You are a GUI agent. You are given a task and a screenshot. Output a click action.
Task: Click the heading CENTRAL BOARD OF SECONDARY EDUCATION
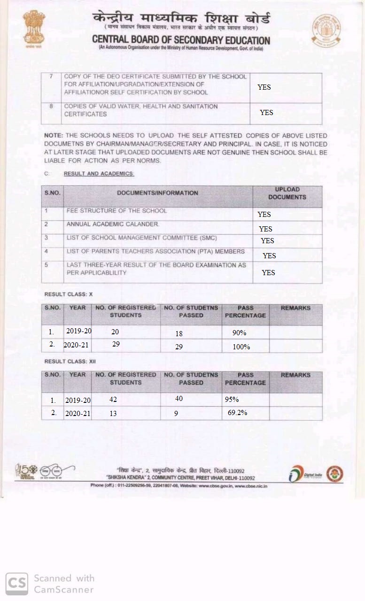tap(181, 40)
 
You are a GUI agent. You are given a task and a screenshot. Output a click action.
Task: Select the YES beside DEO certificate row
tap(264, 87)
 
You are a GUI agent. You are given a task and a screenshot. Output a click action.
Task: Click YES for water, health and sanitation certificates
tap(266, 113)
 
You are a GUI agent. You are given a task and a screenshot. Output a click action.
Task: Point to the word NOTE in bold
tap(54, 135)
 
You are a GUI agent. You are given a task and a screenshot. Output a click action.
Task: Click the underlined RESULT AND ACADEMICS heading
tap(99, 174)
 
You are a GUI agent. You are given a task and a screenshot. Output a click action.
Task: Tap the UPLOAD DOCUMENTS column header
tap(287, 193)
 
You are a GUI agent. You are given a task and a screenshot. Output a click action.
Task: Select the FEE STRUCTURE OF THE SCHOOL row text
tap(116, 211)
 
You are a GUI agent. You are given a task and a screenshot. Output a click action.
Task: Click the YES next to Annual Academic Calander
tap(265, 229)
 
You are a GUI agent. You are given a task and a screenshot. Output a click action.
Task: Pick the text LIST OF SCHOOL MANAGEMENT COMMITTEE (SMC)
tap(142, 238)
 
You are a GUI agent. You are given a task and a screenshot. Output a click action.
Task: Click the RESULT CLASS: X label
tap(69, 294)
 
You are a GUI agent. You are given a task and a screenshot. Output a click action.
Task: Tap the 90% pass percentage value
tap(239, 333)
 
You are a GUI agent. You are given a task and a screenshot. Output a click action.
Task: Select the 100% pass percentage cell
tap(241, 347)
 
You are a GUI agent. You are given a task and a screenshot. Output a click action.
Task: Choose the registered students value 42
tap(113, 399)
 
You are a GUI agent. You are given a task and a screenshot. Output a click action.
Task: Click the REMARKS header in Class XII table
tap(295, 375)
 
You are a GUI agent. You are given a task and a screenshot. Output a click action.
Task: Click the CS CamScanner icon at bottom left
tap(16, 583)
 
